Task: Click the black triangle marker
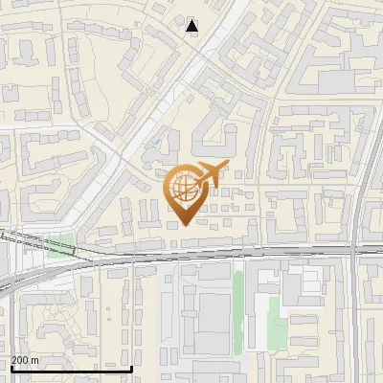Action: [x=192, y=26]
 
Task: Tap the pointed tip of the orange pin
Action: [x=183, y=225]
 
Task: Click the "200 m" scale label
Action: [x=25, y=360]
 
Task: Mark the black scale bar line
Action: [x=71, y=369]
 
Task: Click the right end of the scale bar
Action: [x=131, y=369]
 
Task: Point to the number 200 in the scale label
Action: [x=19, y=360]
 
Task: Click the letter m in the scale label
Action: [x=35, y=360]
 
